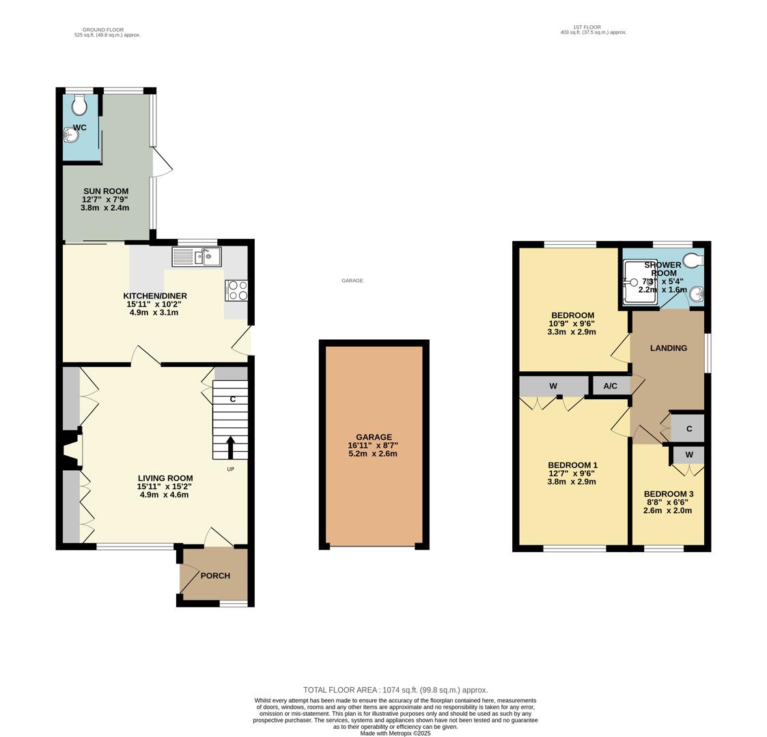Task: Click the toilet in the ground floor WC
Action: (80, 105)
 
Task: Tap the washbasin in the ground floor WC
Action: (71, 136)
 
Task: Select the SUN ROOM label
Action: (106, 191)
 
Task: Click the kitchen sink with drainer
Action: (197, 257)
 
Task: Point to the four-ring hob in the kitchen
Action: (236, 291)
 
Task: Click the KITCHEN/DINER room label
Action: (155, 296)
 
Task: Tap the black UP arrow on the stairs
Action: (230, 448)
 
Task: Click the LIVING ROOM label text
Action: (165, 478)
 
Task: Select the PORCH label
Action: (215, 575)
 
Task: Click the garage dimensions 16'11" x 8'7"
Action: (373, 446)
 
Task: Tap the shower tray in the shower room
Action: (639, 283)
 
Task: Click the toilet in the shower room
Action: (693, 260)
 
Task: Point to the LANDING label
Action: (668, 348)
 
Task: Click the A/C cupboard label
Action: (610, 386)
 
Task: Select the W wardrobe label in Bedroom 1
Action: (553, 386)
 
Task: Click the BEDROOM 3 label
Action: (668, 494)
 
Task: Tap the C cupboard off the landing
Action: (689, 429)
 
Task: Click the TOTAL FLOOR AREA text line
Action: (395, 690)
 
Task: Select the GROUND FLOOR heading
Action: (102, 30)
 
